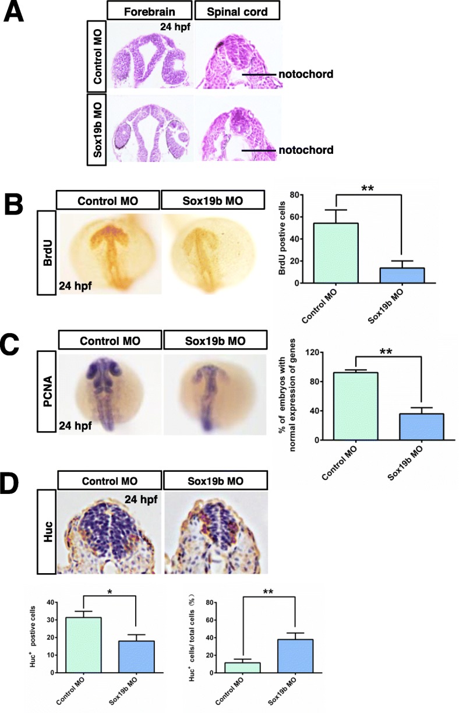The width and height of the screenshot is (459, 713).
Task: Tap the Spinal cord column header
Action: coord(236,10)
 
